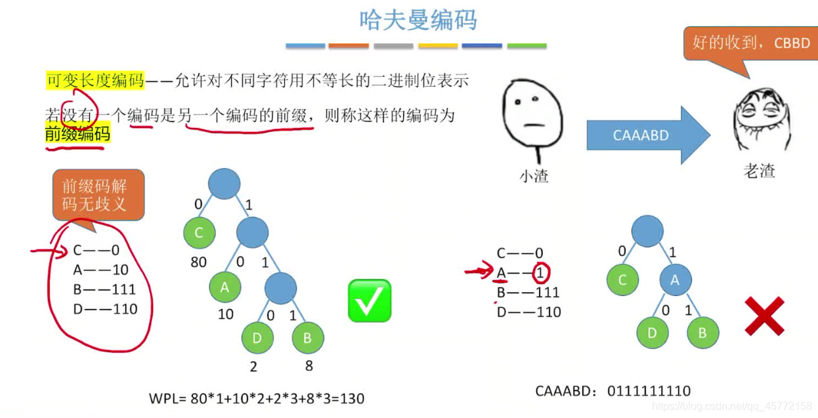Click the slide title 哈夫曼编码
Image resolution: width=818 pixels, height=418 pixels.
coord(418,20)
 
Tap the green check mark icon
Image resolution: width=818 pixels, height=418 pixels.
coord(370,301)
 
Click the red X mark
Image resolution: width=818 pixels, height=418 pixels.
coord(764,316)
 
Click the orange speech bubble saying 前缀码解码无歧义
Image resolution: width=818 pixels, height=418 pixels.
coord(98,195)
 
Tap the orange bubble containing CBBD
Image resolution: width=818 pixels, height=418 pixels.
coord(750,44)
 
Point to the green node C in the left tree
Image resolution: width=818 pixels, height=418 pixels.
coord(200,232)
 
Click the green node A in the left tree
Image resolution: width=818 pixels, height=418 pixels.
coord(225,287)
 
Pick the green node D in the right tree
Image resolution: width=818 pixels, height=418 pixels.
coord(652,333)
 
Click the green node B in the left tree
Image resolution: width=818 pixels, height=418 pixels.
coord(307,339)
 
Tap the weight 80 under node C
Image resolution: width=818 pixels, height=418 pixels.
coord(198,262)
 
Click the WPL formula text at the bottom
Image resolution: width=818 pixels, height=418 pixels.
coord(257,398)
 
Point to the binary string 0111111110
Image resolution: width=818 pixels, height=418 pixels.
coord(649,392)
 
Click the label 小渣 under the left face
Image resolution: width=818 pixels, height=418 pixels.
coord(533,176)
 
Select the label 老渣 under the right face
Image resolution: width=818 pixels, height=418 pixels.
coord(759,171)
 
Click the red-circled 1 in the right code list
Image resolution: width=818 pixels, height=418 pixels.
coord(540,273)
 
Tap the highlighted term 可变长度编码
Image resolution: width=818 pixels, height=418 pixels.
coord(95,81)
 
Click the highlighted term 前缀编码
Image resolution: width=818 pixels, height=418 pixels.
coord(77,134)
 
